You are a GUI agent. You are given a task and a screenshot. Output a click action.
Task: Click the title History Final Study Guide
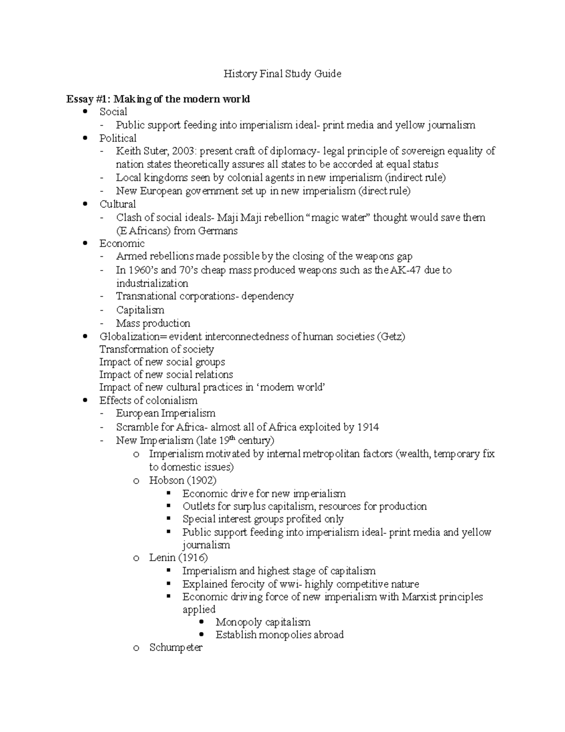coord(282,74)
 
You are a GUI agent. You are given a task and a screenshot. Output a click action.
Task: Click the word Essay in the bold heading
coord(80,99)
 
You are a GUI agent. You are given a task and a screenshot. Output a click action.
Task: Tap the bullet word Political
coord(118,139)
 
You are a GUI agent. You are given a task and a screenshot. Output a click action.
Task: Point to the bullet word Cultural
coord(117,204)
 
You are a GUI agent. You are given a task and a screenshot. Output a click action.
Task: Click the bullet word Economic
coord(121,244)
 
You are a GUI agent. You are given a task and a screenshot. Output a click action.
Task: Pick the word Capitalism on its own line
coord(140,310)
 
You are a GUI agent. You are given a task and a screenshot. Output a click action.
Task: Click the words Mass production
coord(153,323)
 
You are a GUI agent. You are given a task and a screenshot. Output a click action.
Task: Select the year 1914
coord(368,427)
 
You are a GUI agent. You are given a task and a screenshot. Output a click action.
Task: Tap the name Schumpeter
coord(176,648)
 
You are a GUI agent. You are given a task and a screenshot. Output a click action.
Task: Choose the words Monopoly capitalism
coord(263,622)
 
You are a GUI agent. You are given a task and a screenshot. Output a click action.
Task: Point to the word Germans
coord(218,231)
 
